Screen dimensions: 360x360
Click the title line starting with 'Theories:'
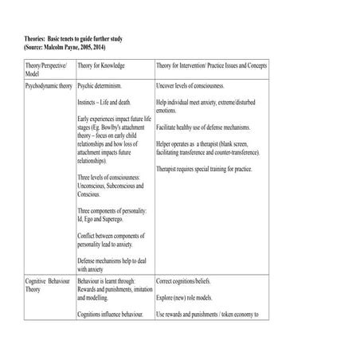coord(73,38)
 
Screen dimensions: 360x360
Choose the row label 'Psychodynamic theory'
coord(49,83)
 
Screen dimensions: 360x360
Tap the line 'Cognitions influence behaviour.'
coord(116,316)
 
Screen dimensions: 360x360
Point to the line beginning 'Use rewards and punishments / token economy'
coord(219,316)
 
